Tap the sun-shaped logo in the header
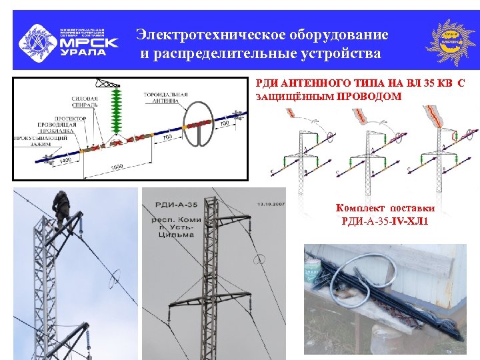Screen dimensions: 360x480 [x=451, y=40]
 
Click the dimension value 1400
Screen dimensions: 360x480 [x=65, y=162]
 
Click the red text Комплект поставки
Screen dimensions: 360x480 [x=385, y=208]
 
